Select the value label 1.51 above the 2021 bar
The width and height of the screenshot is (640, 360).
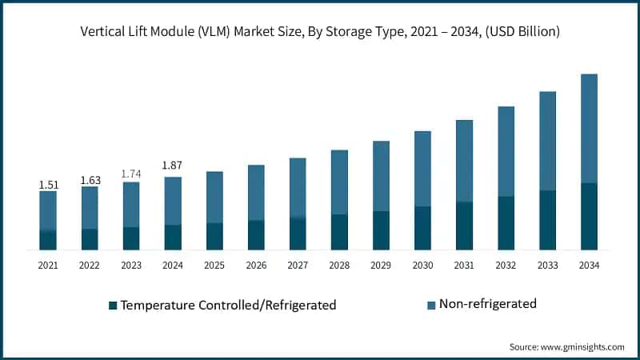click(48, 185)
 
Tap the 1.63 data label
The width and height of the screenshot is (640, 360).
click(90, 180)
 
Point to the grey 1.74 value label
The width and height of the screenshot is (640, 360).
click(131, 174)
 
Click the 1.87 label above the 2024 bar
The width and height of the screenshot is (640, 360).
click(173, 166)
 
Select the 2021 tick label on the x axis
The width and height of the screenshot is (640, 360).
click(48, 265)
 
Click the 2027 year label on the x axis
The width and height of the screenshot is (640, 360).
click(298, 265)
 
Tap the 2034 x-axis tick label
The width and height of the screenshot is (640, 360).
click(589, 265)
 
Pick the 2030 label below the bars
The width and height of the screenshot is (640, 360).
click(422, 265)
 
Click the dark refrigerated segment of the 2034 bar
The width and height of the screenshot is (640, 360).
click(589, 216)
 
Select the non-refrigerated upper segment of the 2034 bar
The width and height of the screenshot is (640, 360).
click(589, 128)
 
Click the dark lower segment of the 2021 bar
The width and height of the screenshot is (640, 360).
click(48, 240)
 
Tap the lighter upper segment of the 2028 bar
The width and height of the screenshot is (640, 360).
click(339, 182)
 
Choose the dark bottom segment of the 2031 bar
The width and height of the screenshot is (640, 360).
click(464, 226)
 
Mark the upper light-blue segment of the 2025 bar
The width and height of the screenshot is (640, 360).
click(214, 197)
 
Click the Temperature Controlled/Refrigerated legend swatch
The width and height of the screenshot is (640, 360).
click(113, 305)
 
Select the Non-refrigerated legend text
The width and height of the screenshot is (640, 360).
click(488, 304)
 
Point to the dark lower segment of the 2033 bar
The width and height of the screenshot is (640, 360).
click(547, 220)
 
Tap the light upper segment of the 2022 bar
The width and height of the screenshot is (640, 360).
click(90, 207)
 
